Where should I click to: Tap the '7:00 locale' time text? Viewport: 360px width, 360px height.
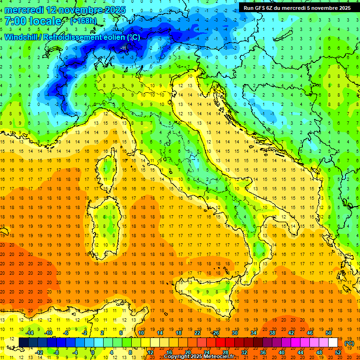coord(33,22)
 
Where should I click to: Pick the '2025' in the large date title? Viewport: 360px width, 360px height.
coord(105,9)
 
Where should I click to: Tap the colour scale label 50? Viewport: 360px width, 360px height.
coord(328,333)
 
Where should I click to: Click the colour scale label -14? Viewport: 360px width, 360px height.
coord(29,333)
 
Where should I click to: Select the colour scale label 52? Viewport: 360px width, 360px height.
coord(338,352)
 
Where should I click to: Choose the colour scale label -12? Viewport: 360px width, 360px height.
coord(39,352)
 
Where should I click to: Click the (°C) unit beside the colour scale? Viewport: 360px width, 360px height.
coord(350,343)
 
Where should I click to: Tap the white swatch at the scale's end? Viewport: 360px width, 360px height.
coord(333,343)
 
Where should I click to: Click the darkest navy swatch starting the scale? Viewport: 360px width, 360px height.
coord(24,343)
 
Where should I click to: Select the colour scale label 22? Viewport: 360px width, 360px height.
coord(197,333)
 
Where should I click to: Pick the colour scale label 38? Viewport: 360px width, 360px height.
coord(272,333)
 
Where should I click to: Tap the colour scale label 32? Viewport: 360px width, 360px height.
coord(244,352)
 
